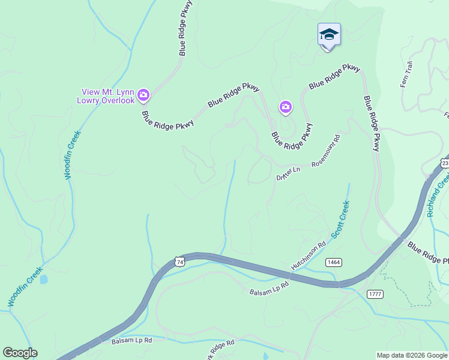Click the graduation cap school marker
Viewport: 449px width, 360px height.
click(329, 34)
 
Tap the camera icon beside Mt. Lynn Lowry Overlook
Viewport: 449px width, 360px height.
click(143, 95)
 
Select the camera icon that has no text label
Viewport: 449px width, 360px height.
click(285, 107)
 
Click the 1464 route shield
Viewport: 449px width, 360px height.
click(334, 263)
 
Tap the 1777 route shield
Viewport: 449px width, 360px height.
click(375, 293)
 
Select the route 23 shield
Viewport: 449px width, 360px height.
click(444, 163)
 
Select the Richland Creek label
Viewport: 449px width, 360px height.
click(437, 195)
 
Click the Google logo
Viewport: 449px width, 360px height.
click(20, 353)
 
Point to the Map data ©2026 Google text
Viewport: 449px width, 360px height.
click(412, 355)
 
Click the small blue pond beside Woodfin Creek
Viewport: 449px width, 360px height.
click(43, 280)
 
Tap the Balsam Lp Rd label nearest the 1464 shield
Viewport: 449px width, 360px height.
click(269, 288)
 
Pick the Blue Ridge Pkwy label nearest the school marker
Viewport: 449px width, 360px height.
click(334, 77)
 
